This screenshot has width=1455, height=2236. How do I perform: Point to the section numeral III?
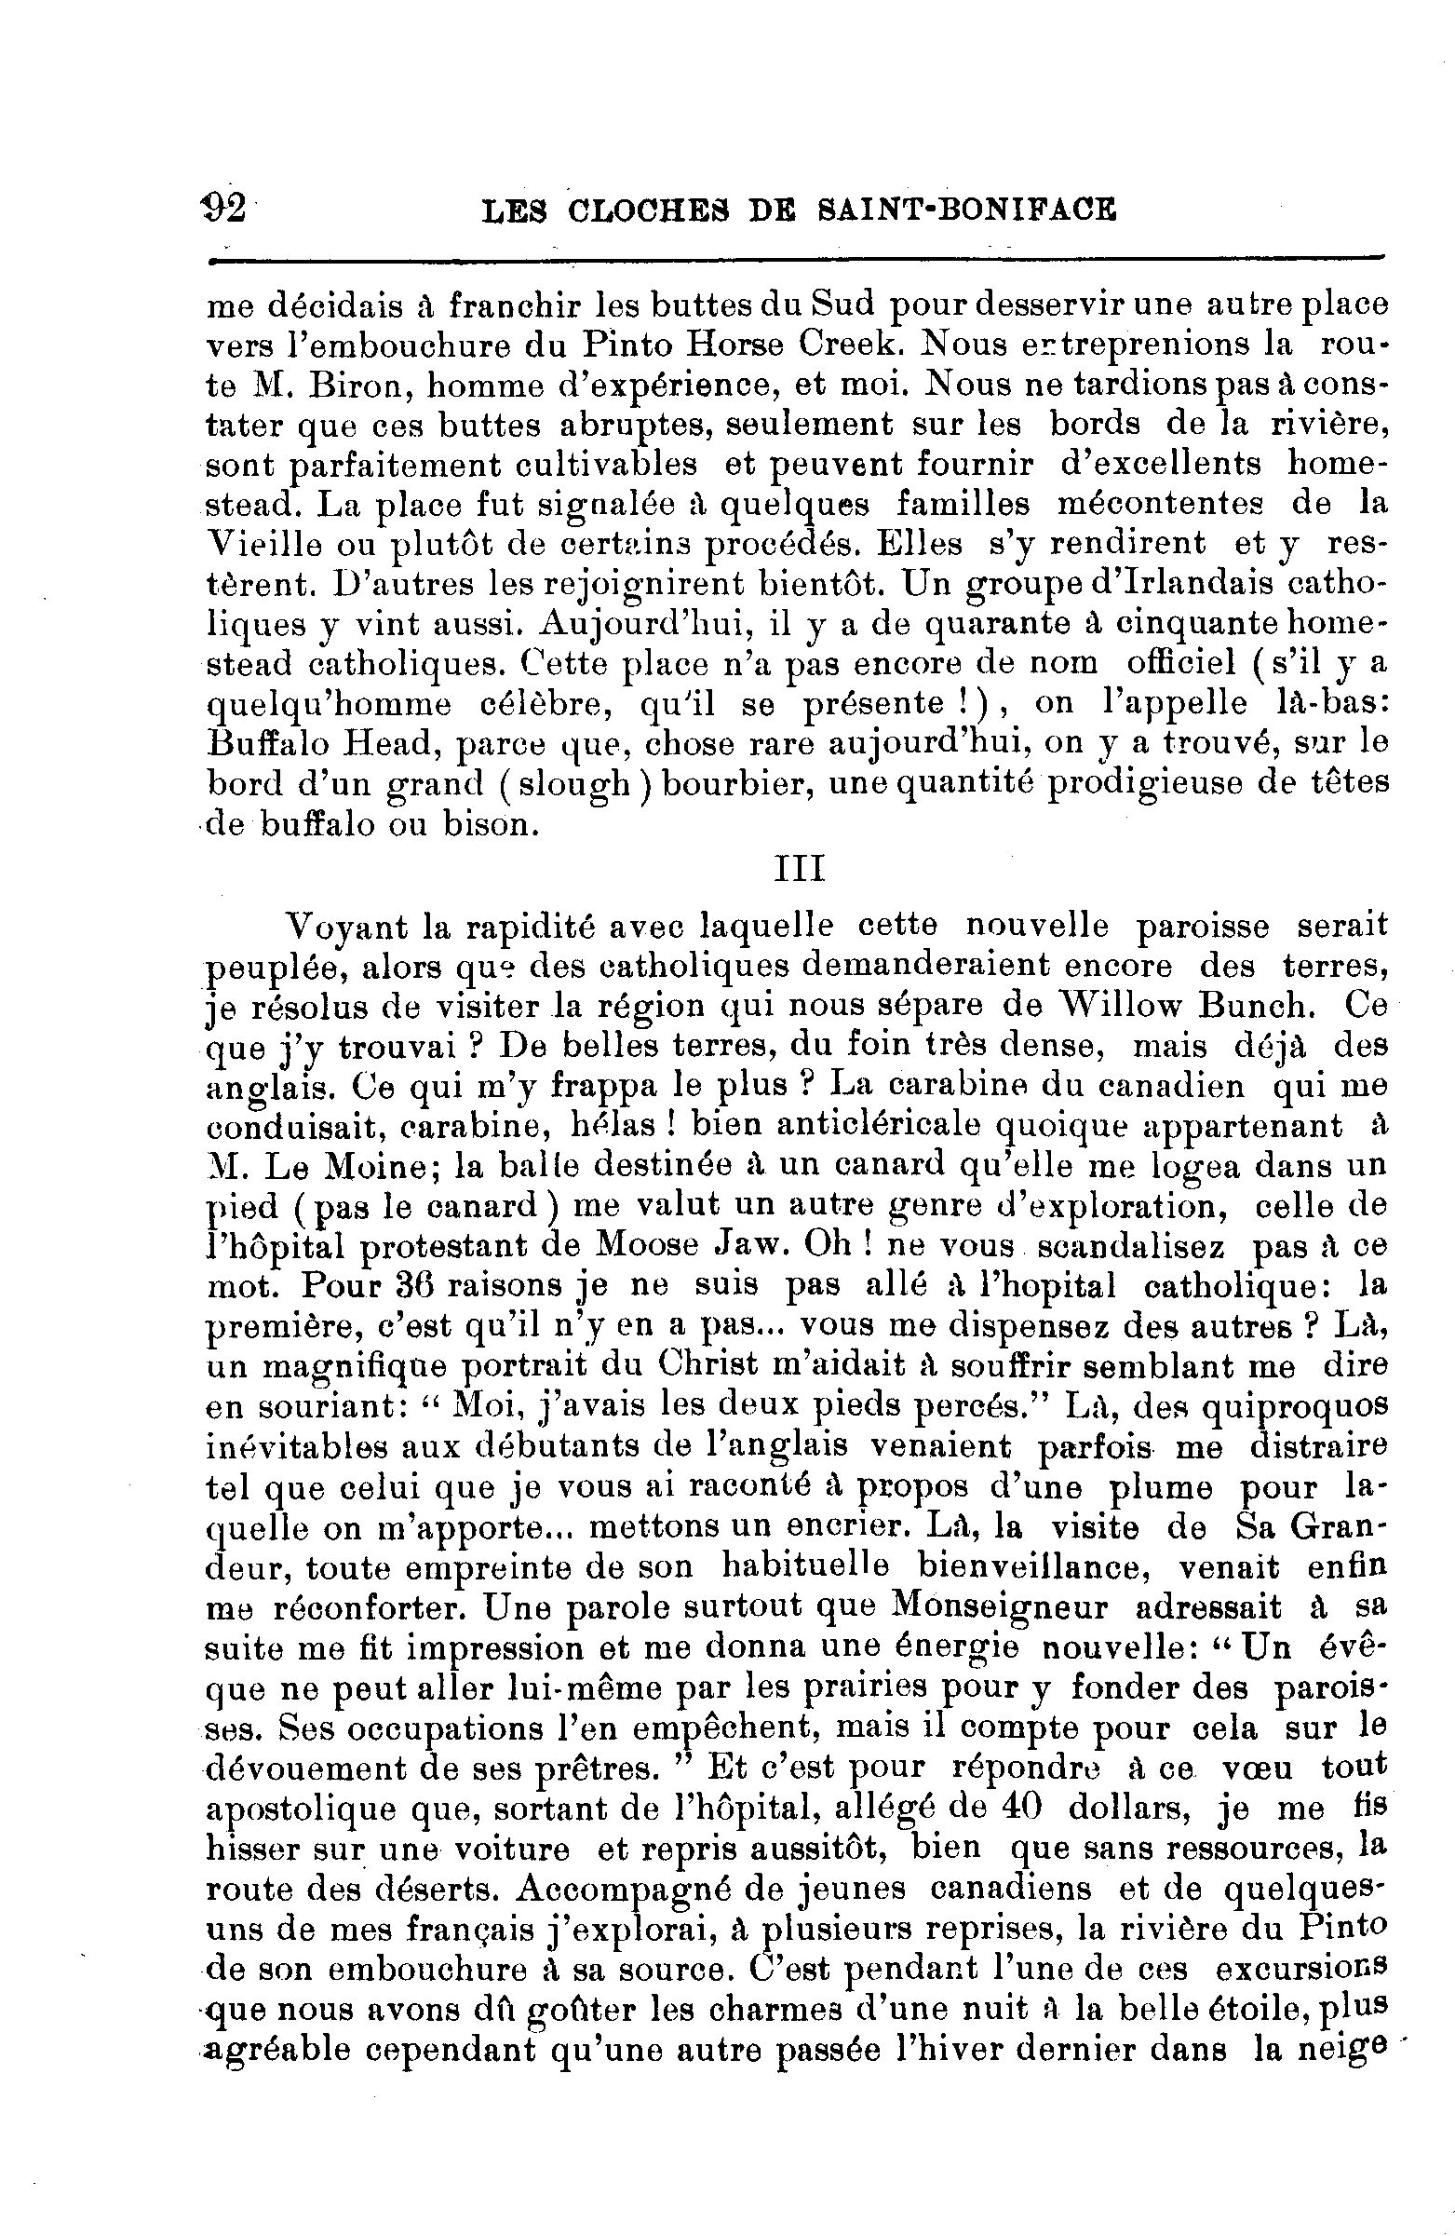coord(799,869)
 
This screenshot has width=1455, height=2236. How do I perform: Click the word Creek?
coord(850,346)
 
